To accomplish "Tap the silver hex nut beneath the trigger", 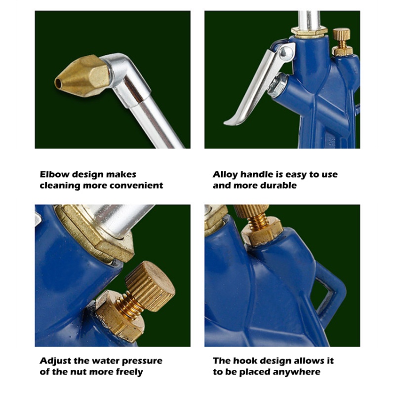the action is click(x=278, y=85).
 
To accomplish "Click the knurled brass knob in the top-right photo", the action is click(x=342, y=34).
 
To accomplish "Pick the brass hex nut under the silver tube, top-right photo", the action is click(x=310, y=32).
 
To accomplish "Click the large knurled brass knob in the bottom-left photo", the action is click(x=150, y=286).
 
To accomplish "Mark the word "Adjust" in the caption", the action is click(x=55, y=361).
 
